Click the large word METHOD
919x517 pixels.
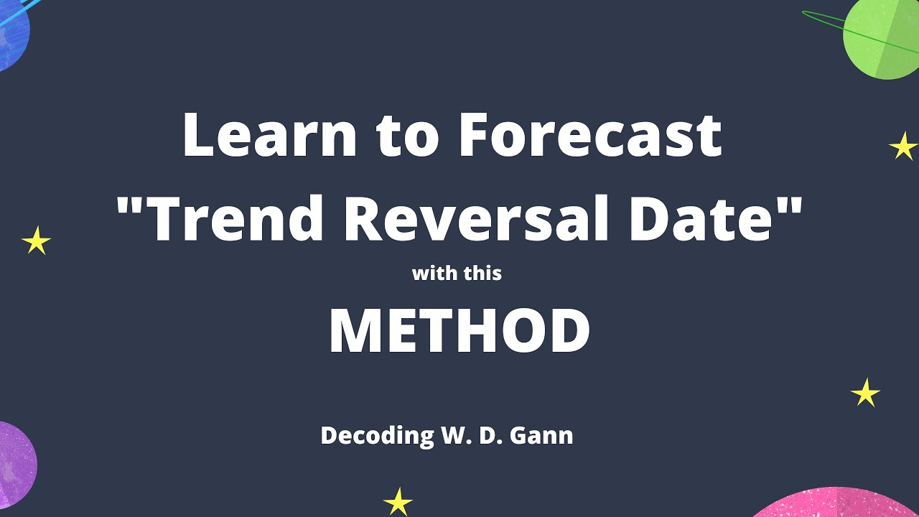pos(459,332)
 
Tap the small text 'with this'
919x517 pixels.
pos(457,274)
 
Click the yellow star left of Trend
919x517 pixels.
pos(36,241)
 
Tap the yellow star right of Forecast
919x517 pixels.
pos(903,146)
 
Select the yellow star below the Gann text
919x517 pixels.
pos(398,501)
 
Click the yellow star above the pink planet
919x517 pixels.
pos(865,393)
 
